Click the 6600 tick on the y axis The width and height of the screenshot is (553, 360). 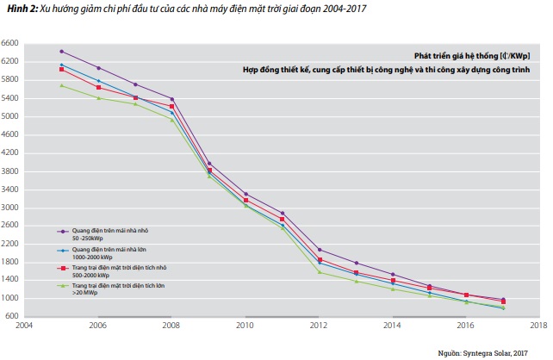pos(10,43)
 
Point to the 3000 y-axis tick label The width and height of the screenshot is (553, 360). pos(10,208)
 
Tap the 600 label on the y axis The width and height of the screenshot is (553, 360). pos(12,316)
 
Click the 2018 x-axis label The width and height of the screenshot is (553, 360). pos(540,327)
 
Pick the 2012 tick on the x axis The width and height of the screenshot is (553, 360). pos(320,327)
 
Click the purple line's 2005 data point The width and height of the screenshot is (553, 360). pos(61,52)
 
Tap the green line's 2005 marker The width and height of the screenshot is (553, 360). pos(61,85)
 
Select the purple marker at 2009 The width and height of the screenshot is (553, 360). pos(209,164)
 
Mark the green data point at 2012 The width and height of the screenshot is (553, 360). pos(320,272)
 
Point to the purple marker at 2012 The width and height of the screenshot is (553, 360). pos(320,250)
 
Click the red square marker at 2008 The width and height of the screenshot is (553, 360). pos(172,106)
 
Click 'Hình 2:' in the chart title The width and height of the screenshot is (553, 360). pos(16,8)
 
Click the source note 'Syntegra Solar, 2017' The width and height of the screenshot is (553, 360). pos(505,352)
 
